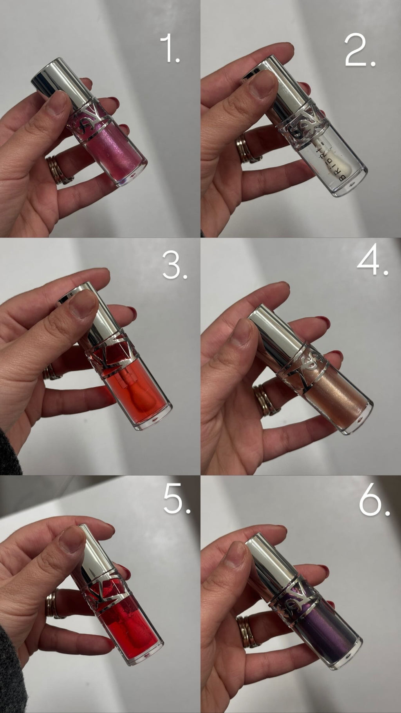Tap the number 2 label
pyautogui.click(x=360, y=50)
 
